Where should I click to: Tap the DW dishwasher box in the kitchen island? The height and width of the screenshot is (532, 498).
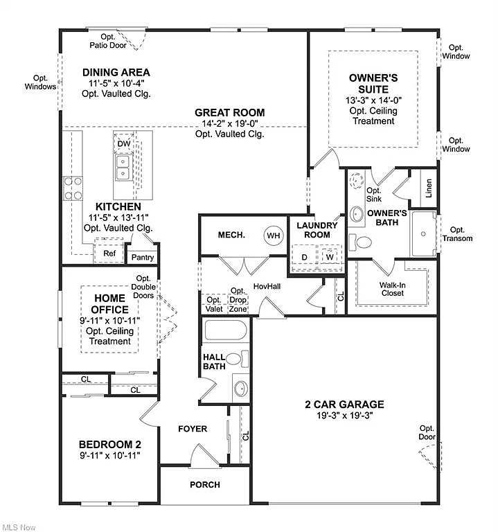(x=123, y=143)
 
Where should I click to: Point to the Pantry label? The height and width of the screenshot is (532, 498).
(x=143, y=258)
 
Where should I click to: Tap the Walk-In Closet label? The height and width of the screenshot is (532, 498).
(x=392, y=289)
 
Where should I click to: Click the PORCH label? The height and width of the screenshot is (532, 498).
(x=205, y=485)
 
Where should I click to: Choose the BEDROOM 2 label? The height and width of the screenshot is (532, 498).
(x=109, y=444)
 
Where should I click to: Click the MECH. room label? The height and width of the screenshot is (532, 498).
(x=231, y=235)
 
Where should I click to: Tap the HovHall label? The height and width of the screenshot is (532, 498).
(x=267, y=285)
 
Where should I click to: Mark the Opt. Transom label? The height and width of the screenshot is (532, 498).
(x=456, y=234)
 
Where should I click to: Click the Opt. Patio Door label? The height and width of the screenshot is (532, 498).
(x=107, y=41)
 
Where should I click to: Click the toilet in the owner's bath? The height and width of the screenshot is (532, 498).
(x=361, y=242)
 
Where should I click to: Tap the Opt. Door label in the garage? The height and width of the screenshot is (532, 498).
(x=427, y=433)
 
